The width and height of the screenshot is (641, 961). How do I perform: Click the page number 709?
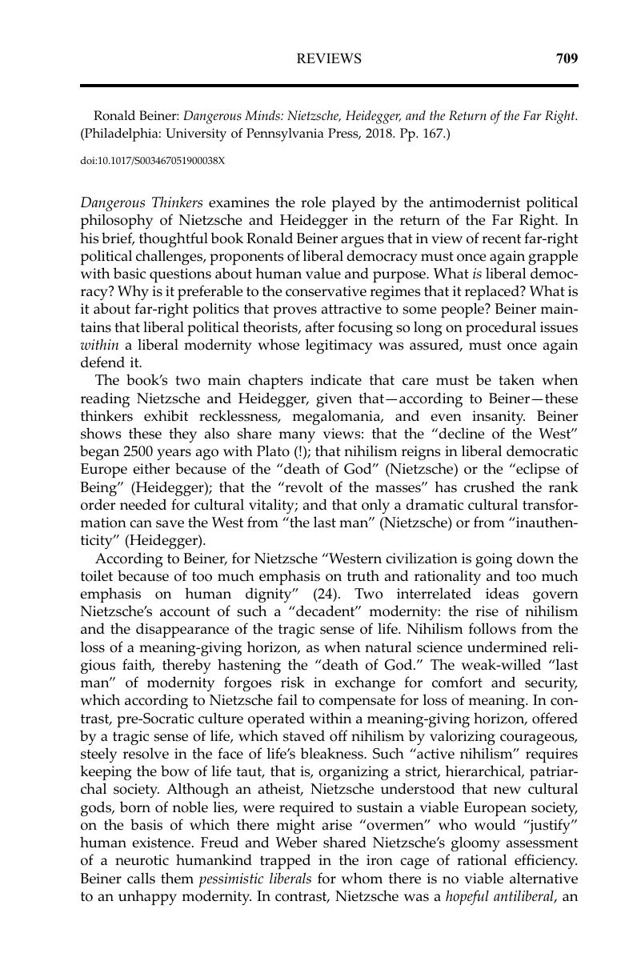567,58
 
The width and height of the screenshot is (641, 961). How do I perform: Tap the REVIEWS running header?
329,58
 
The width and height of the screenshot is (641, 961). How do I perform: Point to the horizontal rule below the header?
329,85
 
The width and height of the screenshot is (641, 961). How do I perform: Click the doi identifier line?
153,161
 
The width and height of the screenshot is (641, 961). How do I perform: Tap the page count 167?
433,134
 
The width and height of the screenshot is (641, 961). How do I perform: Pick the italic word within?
99,344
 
